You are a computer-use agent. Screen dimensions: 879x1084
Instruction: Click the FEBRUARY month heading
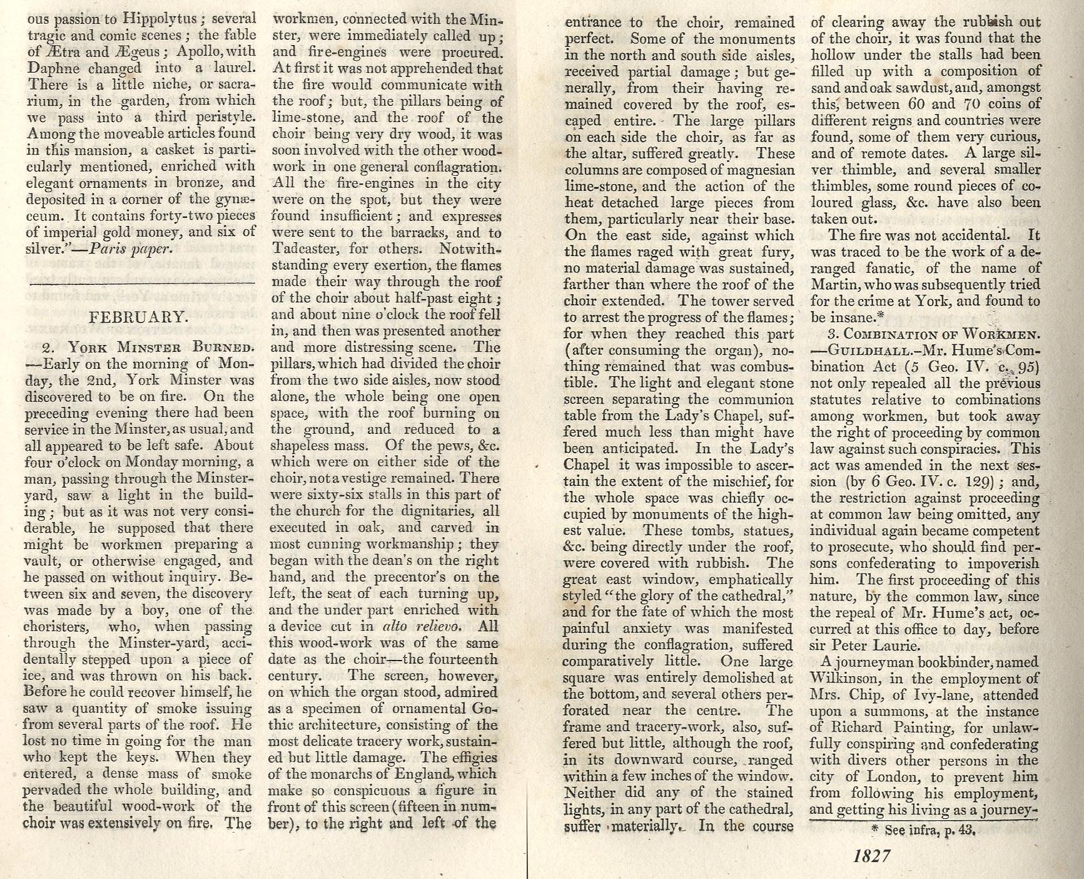point(138,317)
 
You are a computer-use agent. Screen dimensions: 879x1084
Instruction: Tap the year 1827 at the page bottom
point(871,856)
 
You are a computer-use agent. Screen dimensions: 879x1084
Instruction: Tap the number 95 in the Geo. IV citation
point(1024,367)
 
